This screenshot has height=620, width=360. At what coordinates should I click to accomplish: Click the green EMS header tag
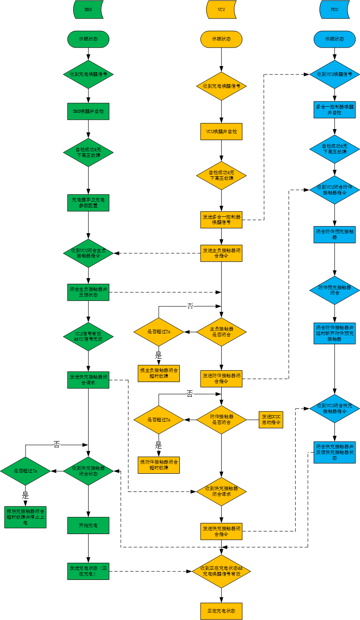click(88, 9)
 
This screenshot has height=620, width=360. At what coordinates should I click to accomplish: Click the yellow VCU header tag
click(221, 9)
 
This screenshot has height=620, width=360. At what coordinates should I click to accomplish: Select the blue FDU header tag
click(334, 9)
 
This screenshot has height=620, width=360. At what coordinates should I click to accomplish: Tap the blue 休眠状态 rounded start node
click(334, 39)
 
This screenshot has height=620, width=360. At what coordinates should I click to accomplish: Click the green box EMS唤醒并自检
click(88, 111)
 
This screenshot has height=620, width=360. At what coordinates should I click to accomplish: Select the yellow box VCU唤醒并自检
click(221, 131)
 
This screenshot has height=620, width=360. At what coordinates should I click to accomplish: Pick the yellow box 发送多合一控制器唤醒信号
click(221, 219)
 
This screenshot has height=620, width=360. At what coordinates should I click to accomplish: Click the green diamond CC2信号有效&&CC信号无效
click(88, 337)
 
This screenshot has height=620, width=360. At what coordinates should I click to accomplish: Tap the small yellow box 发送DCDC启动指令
click(271, 419)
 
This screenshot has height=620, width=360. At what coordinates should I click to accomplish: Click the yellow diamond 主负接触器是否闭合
click(221, 332)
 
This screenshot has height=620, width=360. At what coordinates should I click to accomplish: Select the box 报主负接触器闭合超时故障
click(159, 374)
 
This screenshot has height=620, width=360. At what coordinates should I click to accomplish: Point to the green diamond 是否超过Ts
click(26, 471)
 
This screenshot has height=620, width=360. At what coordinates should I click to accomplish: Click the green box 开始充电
click(88, 525)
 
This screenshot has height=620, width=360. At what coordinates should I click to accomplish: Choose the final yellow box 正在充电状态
click(221, 611)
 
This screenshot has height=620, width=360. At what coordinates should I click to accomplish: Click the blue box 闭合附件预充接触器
click(334, 234)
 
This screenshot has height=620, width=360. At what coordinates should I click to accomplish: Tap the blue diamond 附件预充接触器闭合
click(334, 290)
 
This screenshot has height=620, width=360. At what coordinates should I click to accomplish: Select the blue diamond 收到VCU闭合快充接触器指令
click(334, 408)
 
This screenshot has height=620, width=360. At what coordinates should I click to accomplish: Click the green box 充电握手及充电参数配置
click(88, 203)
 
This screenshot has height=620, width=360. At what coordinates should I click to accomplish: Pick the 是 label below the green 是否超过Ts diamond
click(26, 494)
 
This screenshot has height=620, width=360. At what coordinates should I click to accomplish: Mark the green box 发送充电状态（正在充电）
click(88, 571)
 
